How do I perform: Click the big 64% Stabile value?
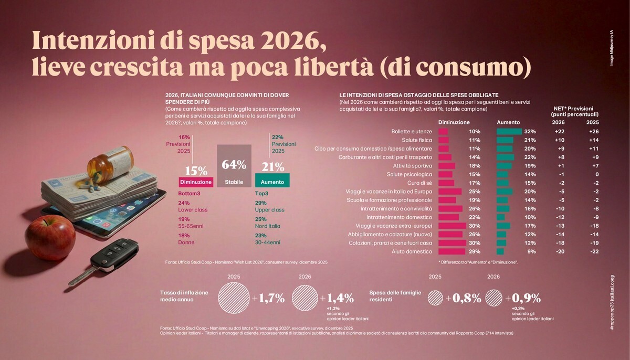(x=234, y=164)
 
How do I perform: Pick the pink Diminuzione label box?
(x=196, y=182)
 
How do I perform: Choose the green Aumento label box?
(x=272, y=182)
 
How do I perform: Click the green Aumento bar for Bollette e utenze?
(x=509, y=131)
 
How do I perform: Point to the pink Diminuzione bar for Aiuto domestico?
(x=451, y=251)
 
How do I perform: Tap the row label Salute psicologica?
(x=409, y=174)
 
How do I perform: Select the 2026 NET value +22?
(x=559, y=131)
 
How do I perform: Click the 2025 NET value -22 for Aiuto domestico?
(x=593, y=251)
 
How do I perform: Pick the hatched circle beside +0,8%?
(x=435, y=299)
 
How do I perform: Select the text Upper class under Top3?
(x=269, y=210)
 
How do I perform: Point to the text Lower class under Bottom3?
(x=193, y=210)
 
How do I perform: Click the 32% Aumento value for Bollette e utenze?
(x=530, y=131)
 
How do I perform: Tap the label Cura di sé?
(x=418, y=183)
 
